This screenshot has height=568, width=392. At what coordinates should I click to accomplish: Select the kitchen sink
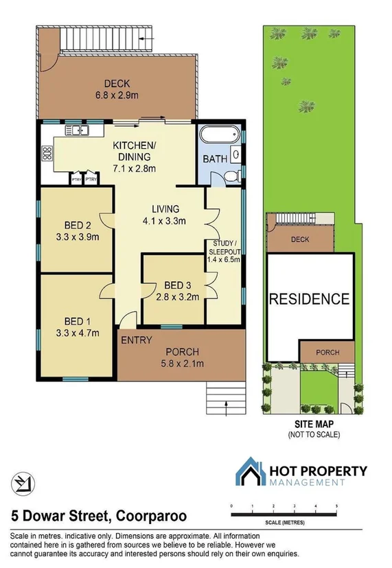[73, 130]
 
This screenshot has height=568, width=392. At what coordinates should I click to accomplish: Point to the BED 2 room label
[78, 225]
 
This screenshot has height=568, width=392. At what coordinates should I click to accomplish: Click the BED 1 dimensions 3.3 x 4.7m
[77, 334]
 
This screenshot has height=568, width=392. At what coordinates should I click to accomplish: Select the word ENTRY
[136, 340]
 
